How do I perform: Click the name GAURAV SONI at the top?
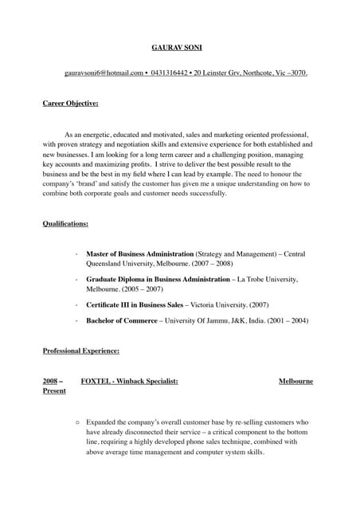[x=179, y=47]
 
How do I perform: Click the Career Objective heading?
[x=70, y=104]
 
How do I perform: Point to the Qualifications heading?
[x=65, y=224]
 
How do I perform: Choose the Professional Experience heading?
[x=80, y=351]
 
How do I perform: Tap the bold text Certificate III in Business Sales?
[x=135, y=305]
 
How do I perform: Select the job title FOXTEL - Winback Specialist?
[x=130, y=382]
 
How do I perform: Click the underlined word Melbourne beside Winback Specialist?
[x=295, y=382]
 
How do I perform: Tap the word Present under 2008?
[x=54, y=393]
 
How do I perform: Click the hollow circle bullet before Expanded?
[x=76, y=422]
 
